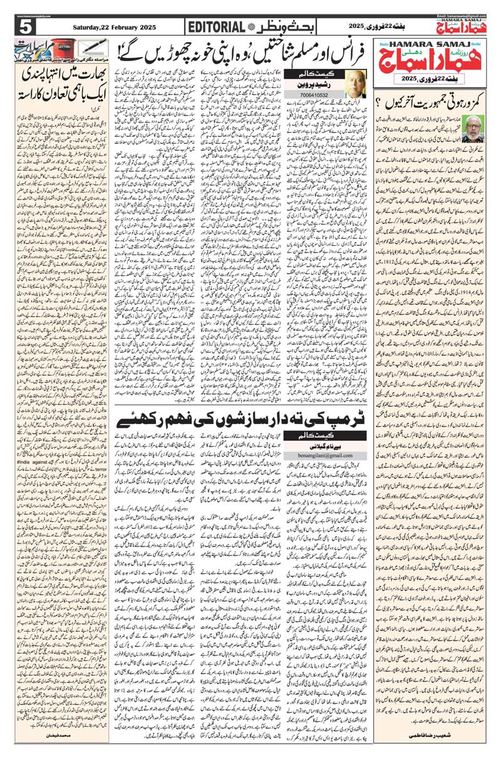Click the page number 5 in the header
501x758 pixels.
pos(25,28)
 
